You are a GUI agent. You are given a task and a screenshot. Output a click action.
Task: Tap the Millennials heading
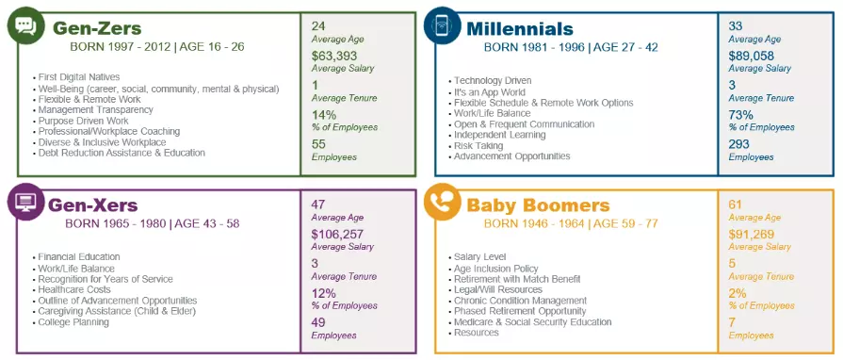point(519,28)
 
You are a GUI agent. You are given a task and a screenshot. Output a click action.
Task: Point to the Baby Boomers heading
point(538,205)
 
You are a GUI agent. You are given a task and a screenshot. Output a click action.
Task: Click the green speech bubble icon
point(25,26)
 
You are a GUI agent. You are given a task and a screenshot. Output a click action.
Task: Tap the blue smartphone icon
point(442,26)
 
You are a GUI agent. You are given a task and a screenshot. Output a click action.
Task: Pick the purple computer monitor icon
point(25,202)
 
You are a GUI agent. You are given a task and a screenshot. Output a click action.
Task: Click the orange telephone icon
point(442,202)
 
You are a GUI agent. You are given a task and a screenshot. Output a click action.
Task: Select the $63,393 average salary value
point(334,56)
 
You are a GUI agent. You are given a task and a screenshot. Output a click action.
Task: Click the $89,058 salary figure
point(752,56)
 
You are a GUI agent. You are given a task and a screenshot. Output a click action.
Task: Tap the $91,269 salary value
point(752,234)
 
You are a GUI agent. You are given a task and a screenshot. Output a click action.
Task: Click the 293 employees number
point(740,144)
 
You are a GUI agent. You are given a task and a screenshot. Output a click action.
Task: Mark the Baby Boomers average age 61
point(736,204)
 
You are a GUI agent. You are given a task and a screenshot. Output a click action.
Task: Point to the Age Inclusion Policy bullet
point(496,269)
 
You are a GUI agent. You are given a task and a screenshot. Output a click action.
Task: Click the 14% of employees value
point(324,115)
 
